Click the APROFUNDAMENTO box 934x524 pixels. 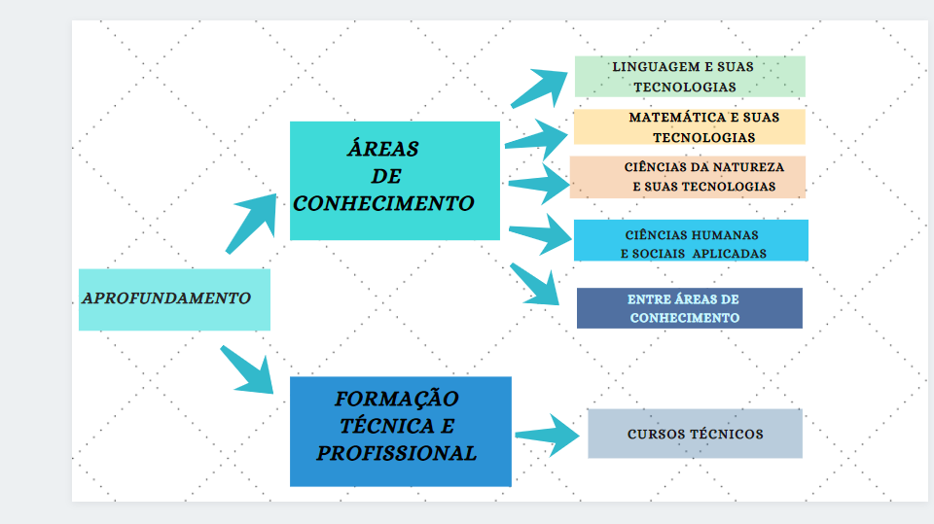[x=173, y=299]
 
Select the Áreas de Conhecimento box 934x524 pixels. [x=394, y=180]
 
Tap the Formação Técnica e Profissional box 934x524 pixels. [x=400, y=431]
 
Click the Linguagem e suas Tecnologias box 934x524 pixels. [x=689, y=76]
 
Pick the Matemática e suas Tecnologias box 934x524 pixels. [x=689, y=126]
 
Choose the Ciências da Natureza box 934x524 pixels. [x=687, y=177]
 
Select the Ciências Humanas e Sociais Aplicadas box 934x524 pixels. [x=691, y=240]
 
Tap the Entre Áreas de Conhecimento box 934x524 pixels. [x=689, y=308]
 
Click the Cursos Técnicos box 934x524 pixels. [x=695, y=434]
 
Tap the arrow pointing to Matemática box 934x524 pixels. [x=537, y=136]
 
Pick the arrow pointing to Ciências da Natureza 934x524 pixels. [x=540, y=182]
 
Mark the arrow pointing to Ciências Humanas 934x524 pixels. [x=541, y=233]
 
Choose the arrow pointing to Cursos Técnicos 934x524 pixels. [x=548, y=435]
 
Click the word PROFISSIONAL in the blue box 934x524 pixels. [x=397, y=453]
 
